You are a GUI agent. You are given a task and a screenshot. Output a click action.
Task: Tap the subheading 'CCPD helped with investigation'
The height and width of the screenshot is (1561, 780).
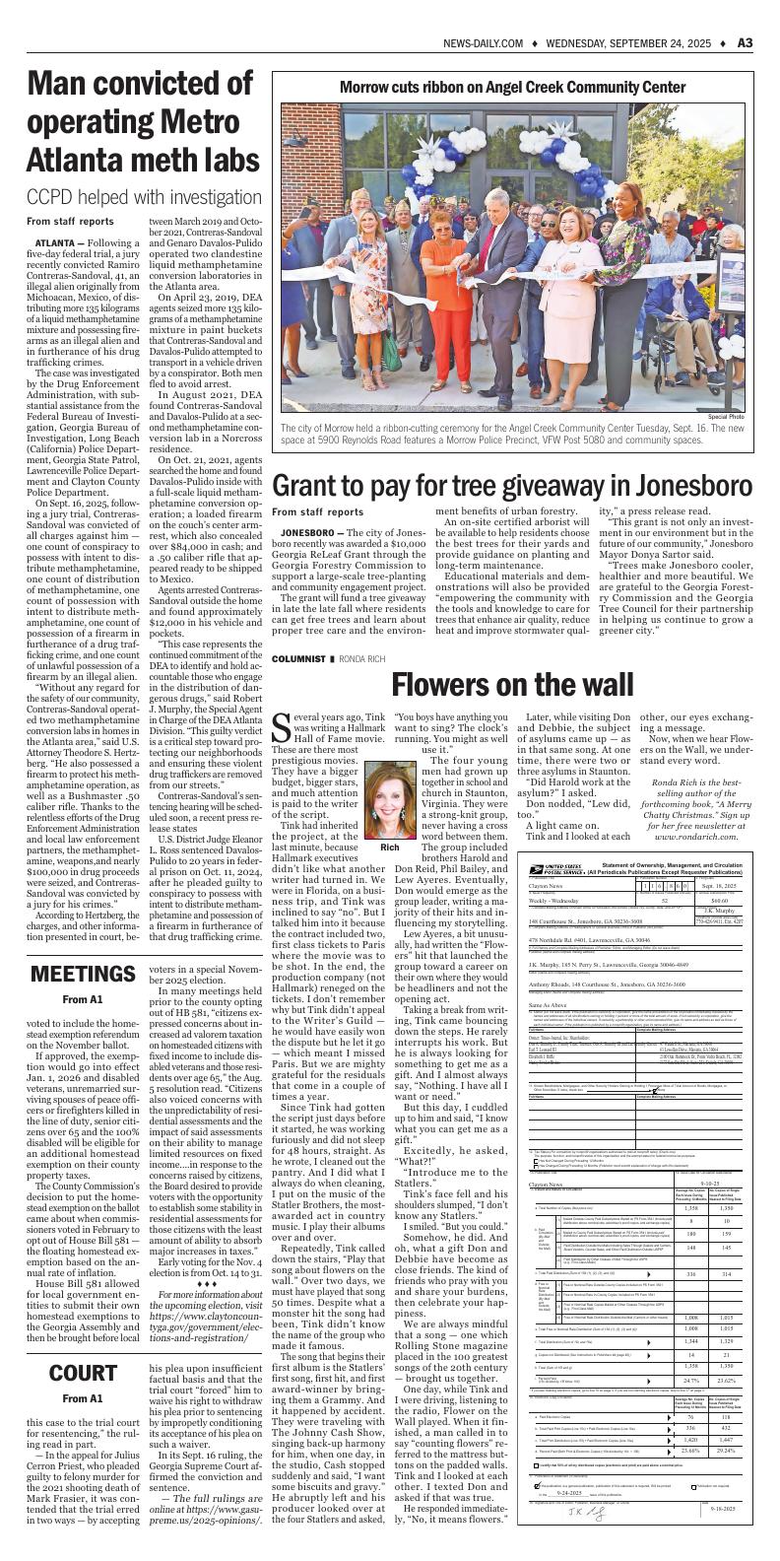point(140,197)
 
